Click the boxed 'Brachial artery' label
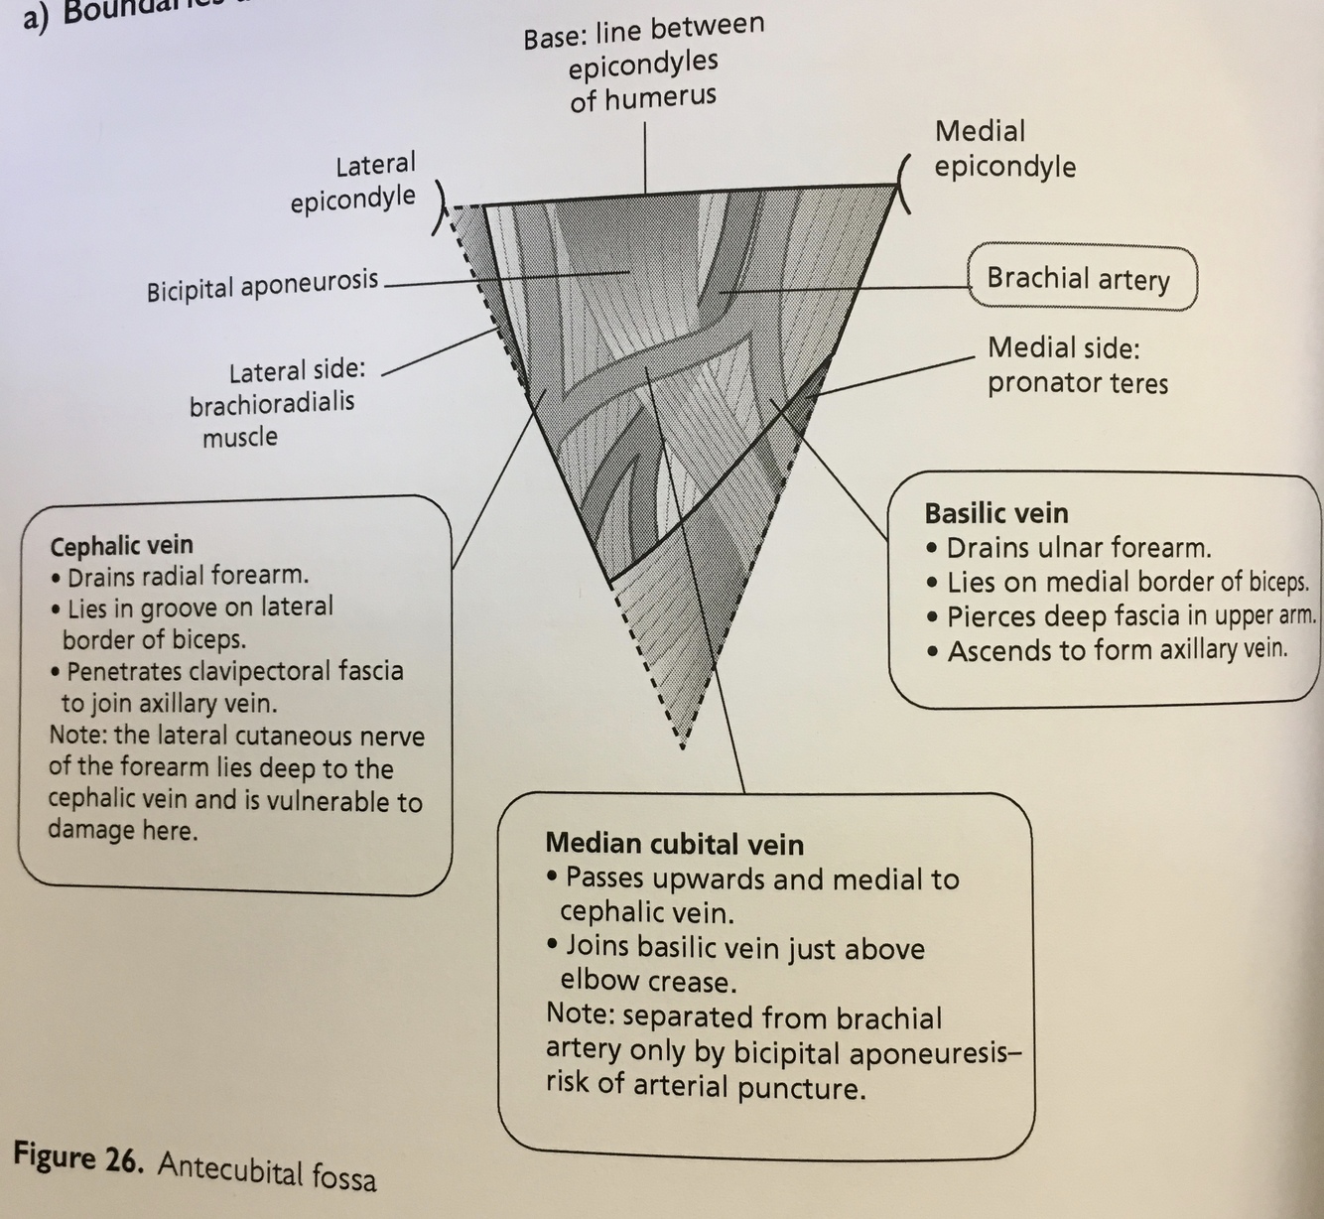coord(1079,278)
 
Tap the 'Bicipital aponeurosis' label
coord(263,286)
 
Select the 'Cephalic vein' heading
coord(121,545)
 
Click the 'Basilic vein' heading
coord(996,513)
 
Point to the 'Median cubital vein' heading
coord(674,845)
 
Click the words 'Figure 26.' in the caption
coord(79,1159)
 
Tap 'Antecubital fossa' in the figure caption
coord(267,1170)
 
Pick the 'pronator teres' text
coord(1077,383)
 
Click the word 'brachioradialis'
coord(272,404)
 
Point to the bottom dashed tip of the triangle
coord(682,742)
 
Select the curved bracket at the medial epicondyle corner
coord(903,185)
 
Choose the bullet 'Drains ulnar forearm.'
coord(1079,548)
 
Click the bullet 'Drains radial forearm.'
coord(188,576)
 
